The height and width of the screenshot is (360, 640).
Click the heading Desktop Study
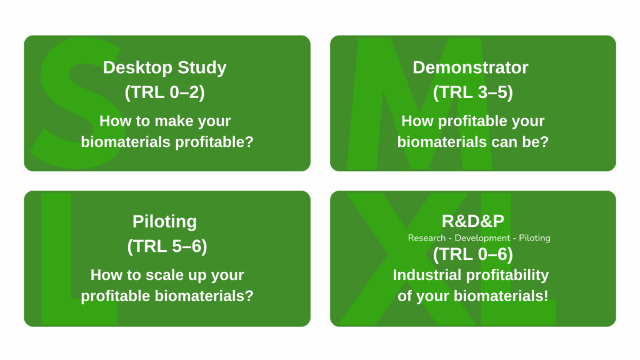click(x=164, y=67)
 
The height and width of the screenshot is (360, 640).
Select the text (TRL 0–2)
click(x=164, y=92)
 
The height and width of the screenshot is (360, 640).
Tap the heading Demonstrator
click(x=470, y=67)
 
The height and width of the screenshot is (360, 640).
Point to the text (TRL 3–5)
click(x=472, y=92)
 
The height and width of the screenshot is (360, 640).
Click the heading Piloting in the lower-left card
click(x=164, y=222)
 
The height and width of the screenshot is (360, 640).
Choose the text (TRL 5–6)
click(x=167, y=246)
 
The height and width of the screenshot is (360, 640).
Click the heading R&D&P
click(x=472, y=221)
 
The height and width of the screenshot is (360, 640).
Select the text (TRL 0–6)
click(x=472, y=254)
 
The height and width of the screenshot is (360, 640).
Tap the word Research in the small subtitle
click(x=426, y=238)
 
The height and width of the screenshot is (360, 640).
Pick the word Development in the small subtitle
click(x=482, y=238)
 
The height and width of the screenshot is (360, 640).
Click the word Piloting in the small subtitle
click(x=534, y=238)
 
